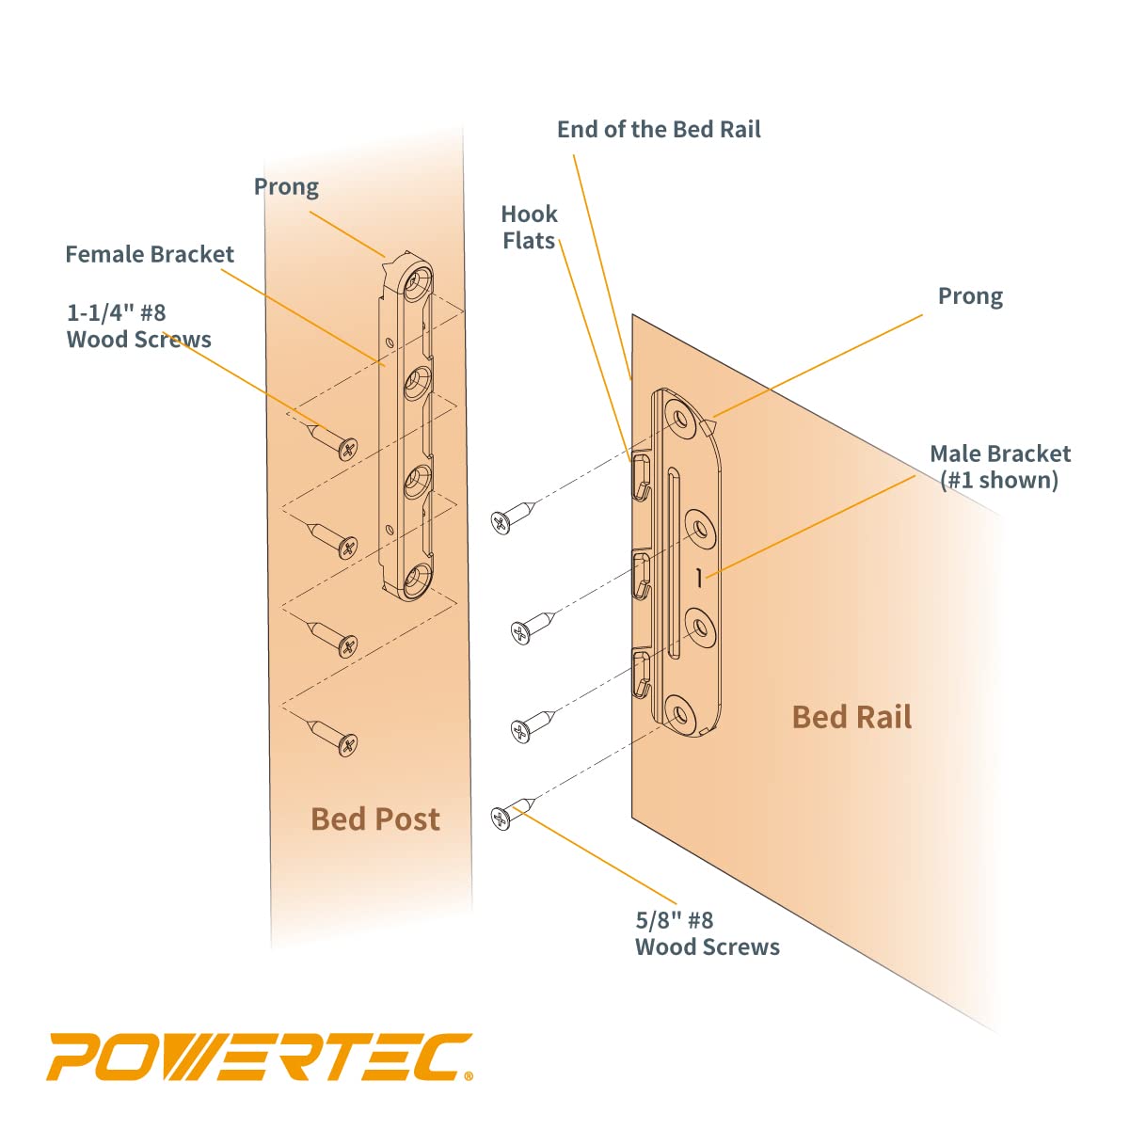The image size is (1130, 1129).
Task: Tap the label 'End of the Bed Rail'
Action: [659, 130]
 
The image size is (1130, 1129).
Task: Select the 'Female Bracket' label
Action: [150, 254]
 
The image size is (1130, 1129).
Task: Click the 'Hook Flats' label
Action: [529, 228]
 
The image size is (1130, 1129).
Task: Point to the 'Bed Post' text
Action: [374, 819]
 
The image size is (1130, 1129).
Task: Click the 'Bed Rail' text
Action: [851, 717]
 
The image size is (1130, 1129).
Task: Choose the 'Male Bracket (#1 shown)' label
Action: [1000, 467]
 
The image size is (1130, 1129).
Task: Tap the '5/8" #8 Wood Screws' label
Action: [707, 933]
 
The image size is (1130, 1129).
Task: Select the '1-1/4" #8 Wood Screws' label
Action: [138, 326]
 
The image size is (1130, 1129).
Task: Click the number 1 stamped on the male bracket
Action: [698, 579]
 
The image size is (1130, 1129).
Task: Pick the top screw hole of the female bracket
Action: [417, 279]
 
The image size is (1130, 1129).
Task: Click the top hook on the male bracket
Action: [641, 476]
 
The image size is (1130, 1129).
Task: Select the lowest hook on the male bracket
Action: [641, 671]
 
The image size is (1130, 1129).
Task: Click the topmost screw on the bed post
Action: [334, 441]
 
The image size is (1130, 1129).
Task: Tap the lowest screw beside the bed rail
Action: [513, 813]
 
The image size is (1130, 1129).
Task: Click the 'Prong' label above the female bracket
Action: [286, 187]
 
